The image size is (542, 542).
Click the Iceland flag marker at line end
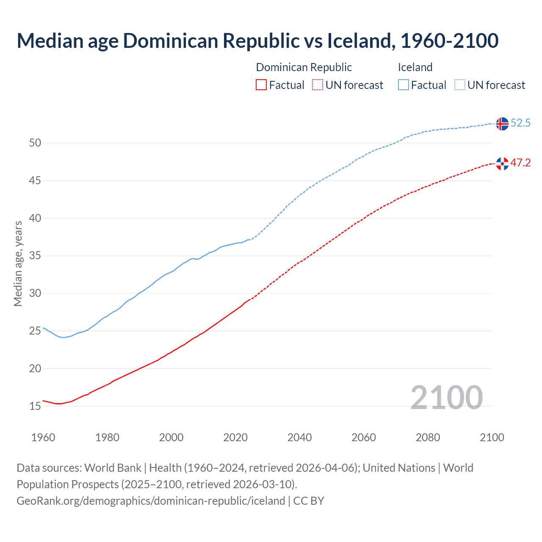pyautogui.click(x=502, y=124)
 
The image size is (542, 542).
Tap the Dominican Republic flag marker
pyautogui.click(x=502, y=163)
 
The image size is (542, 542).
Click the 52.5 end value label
pyautogui.click(x=520, y=123)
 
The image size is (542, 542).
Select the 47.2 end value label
pyautogui.click(x=520, y=163)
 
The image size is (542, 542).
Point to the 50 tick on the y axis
pyautogui.click(x=35, y=143)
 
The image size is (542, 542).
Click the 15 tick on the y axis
pyautogui.click(x=35, y=406)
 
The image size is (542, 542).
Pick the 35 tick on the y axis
pyautogui.click(x=35, y=256)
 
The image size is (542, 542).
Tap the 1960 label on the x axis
pyautogui.click(x=43, y=437)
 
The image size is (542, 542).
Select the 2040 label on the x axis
pyautogui.click(x=299, y=437)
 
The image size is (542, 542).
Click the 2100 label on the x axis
pyautogui.click(x=492, y=437)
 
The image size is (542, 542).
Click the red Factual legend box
pyautogui.click(x=261, y=85)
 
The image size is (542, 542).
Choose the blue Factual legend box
pyautogui.click(x=403, y=85)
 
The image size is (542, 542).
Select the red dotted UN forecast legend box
pyautogui.click(x=318, y=85)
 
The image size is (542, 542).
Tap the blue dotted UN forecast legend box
pyautogui.click(x=459, y=85)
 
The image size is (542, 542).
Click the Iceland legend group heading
pyautogui.click(x=415, y=67)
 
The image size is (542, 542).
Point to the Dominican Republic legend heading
pyautogui.click(x=304, y=67)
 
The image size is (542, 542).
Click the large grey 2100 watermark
pyautogui.click(x=446, y=397)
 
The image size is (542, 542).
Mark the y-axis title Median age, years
pyautogui.click(x=18, y=263)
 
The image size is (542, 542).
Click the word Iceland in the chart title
pyautogui.click(x=359, y=41)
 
